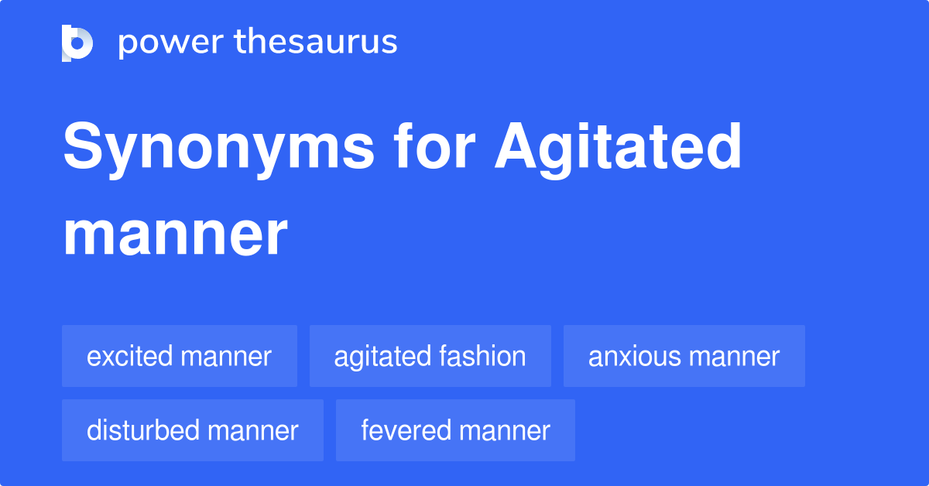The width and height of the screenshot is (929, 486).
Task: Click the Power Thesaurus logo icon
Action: [77, 43]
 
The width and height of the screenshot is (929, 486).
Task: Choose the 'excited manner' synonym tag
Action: [180, 356]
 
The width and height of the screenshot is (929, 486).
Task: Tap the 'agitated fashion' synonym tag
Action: [430, 356]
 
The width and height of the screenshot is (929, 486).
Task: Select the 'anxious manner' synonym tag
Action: [684, 356]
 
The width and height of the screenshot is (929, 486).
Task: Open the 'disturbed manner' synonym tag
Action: [193, 430]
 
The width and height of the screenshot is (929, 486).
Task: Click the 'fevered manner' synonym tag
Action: [455, 430]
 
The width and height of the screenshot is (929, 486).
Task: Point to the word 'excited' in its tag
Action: [130, 356]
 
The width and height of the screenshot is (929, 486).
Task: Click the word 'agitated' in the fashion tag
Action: [382, 356]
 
